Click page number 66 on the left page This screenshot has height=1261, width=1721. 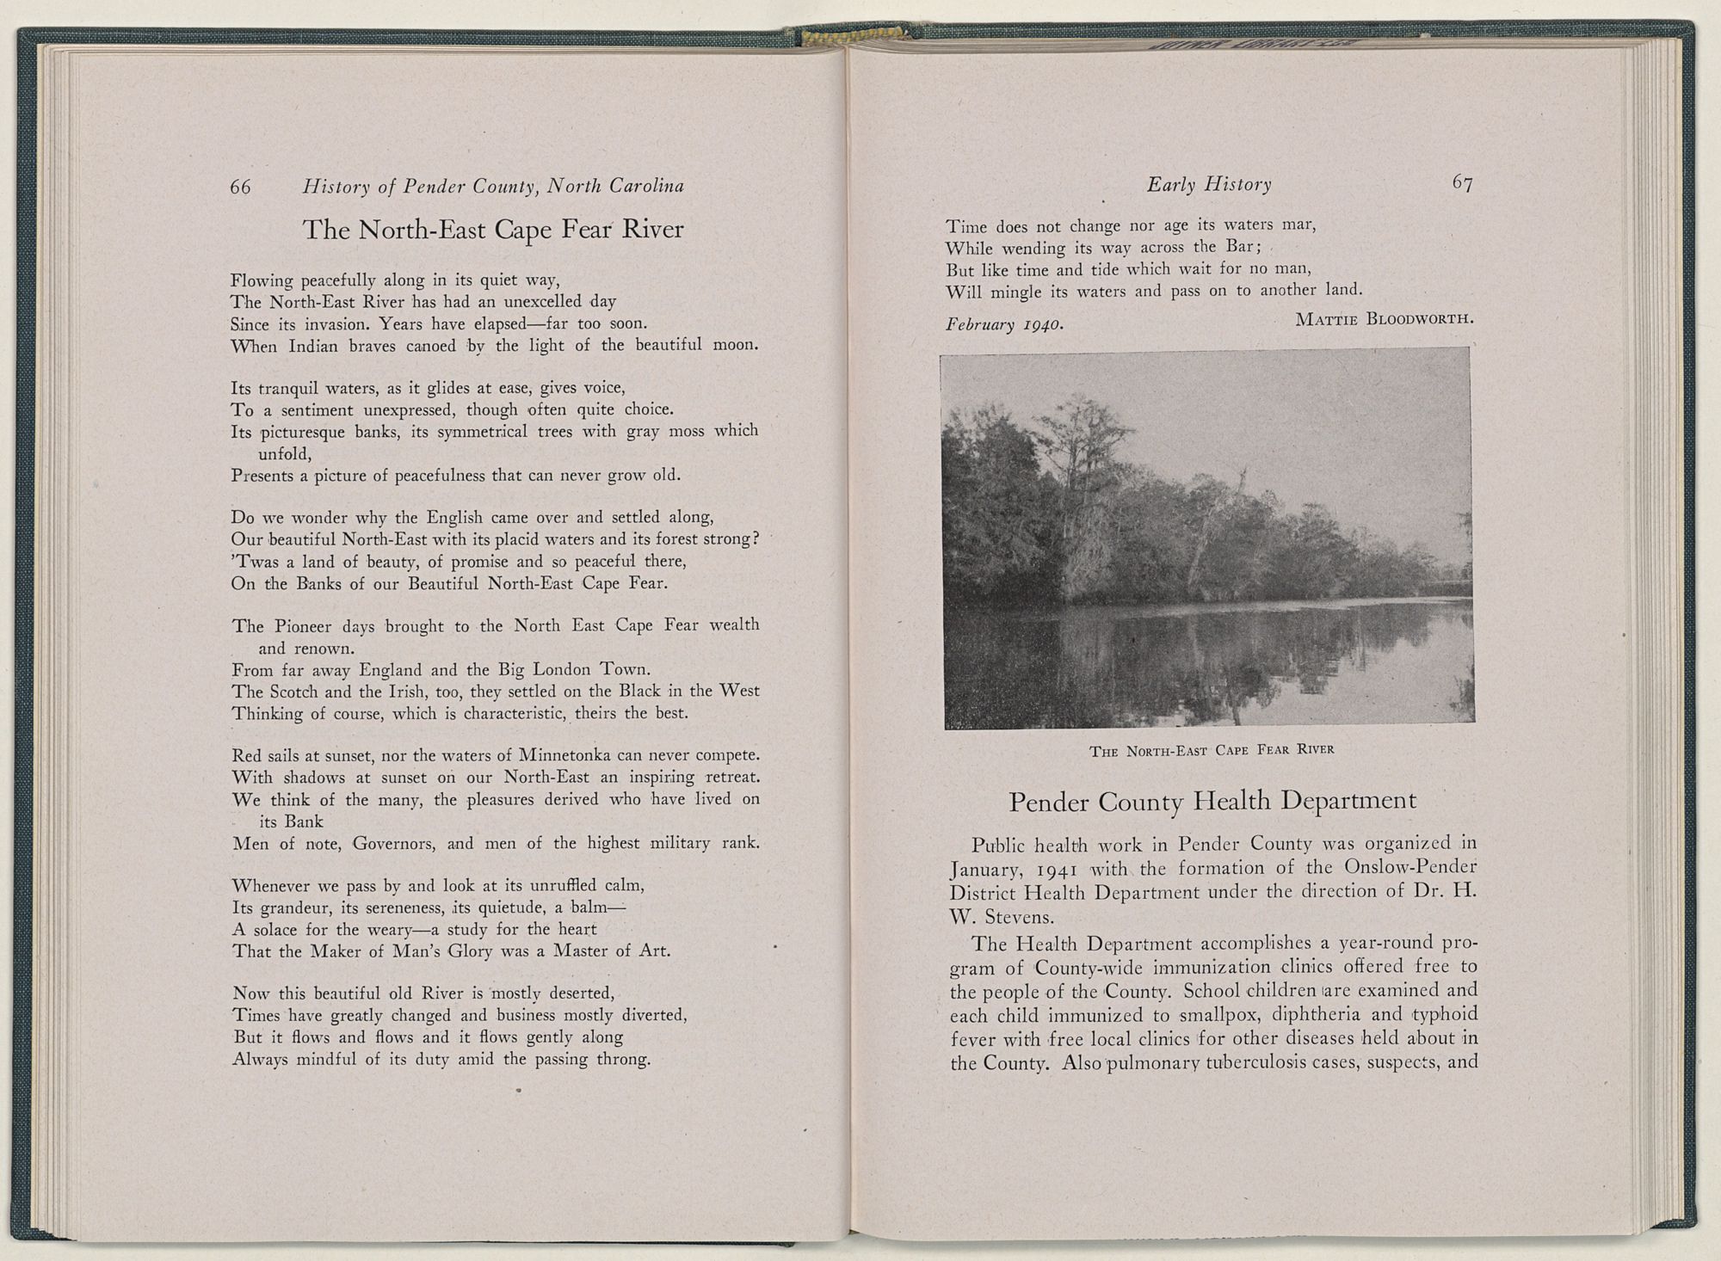click(240, 187)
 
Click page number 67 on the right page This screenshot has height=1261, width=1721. click(1462, 183)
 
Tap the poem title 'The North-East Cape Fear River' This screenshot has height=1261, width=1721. click(493, 230)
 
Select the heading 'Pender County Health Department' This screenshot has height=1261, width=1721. click(1212, 801)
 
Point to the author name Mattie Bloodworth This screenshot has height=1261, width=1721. click(1384, 320)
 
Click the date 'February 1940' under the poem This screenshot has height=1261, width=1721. click(1004, 325)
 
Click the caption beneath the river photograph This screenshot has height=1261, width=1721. click(1212, 750)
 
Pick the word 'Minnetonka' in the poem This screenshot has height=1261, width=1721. click(564, 755)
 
